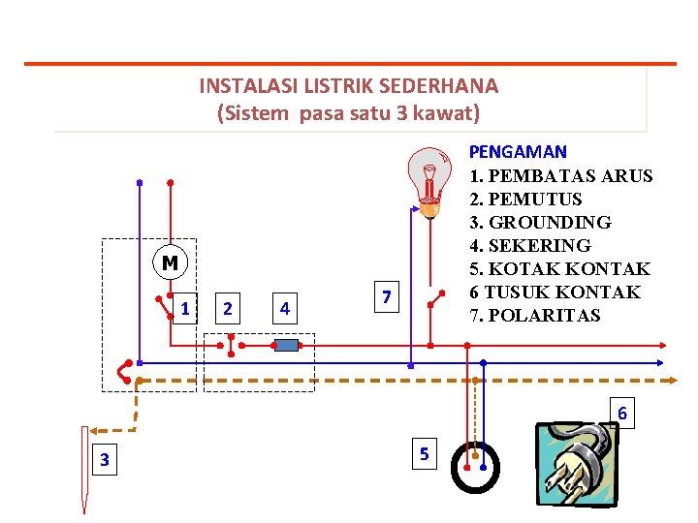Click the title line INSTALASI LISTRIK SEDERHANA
(349, 85)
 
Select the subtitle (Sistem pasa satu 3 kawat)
(349, 113)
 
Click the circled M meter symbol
(170, 262)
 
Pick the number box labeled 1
(184, 309)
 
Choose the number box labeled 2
(227, 309)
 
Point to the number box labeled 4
(284, 309)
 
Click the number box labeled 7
(386, 297)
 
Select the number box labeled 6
(622, 415)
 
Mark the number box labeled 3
(105, 459)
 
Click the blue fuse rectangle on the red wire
(286, 344)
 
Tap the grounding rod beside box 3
(85, 475)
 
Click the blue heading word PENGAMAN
(518, 152)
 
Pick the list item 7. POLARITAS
(534, 315)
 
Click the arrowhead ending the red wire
(661, 344)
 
